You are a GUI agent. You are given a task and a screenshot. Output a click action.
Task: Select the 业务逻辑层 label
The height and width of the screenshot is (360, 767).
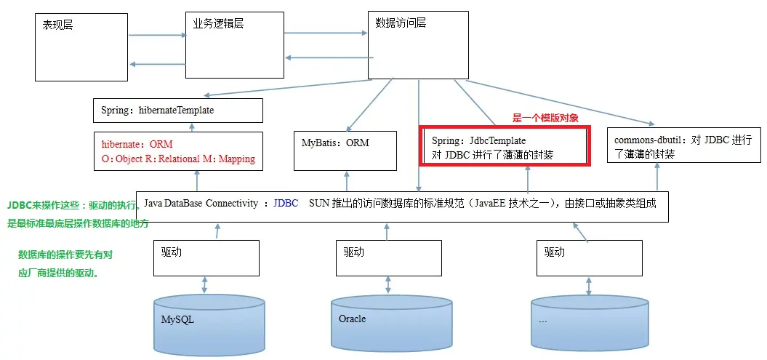(218, 24)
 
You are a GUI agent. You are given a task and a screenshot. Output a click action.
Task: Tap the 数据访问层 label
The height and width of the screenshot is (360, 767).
(401, 23)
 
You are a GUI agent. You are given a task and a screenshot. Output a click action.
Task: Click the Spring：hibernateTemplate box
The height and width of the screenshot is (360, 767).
(177, 111)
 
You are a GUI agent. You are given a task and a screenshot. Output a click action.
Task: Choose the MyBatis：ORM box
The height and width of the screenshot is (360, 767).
(345, 151)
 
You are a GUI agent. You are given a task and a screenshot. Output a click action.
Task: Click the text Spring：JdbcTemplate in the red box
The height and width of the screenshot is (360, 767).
(478, 140)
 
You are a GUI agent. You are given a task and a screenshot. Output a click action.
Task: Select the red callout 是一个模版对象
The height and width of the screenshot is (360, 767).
(545, 118)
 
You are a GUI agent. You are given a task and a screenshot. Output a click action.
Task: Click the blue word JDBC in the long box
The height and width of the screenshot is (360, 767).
(286, 204)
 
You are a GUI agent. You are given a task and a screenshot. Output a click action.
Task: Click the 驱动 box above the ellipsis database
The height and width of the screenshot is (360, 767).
(589, 257)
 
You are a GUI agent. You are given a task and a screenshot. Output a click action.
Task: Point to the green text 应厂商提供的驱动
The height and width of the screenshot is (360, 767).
(58, 273)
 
